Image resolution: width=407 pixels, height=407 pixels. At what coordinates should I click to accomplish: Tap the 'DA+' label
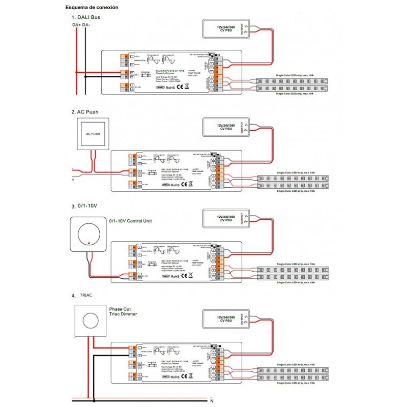[x=75, y=24]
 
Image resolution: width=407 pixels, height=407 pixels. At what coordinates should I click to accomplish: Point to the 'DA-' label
[x=86, y=24]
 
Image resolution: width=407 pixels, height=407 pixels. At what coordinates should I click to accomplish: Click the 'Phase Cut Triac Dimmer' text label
[x=123, y=311]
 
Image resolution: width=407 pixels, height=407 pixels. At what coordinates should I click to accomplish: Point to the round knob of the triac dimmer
[x=91, y=321]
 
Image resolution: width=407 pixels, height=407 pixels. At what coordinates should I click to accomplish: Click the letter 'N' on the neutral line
[x=211, y=402]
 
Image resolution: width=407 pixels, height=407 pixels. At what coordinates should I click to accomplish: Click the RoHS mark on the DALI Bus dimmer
[x=170, y=88]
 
